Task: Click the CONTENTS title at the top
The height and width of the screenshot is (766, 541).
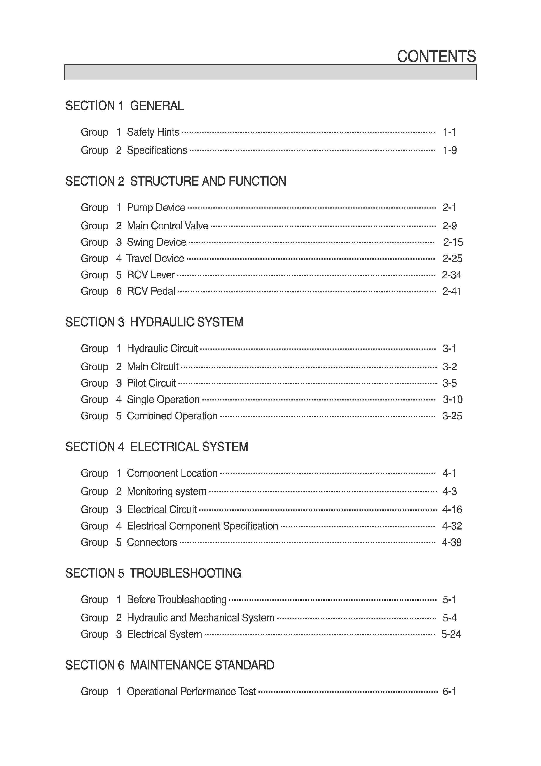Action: click(x=436, y=56)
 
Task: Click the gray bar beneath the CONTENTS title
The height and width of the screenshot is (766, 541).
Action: click(x=270, y=72)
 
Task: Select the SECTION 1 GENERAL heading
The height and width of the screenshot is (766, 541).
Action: click(x=124, y=106)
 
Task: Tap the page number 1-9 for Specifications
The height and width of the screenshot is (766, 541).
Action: click(x=449, y=150)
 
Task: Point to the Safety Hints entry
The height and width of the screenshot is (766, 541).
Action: click(x=153, y=132)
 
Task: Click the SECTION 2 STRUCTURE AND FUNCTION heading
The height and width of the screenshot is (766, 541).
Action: click(x=176, y=181)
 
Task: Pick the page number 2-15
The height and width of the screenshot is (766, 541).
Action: click(x=453, y=242)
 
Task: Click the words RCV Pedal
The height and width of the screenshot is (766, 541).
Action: click(x=151, y=291)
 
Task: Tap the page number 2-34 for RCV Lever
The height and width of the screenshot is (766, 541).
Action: click(x=451, y=275)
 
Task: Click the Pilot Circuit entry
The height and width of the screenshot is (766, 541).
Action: click(x=151, y=383)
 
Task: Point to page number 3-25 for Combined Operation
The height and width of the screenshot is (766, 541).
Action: click(x=452, y=416)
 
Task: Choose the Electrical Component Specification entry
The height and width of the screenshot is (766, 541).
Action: click(x=202, y=526)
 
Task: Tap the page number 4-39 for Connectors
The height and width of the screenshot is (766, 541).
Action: click(x=452, y=542)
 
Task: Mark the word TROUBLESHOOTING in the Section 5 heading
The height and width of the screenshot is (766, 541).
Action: click(x=185, y=573)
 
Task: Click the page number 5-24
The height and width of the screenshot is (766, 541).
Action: click(x=451, y=634)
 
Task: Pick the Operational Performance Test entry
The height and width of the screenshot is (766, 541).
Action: click(x=191, y=691)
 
